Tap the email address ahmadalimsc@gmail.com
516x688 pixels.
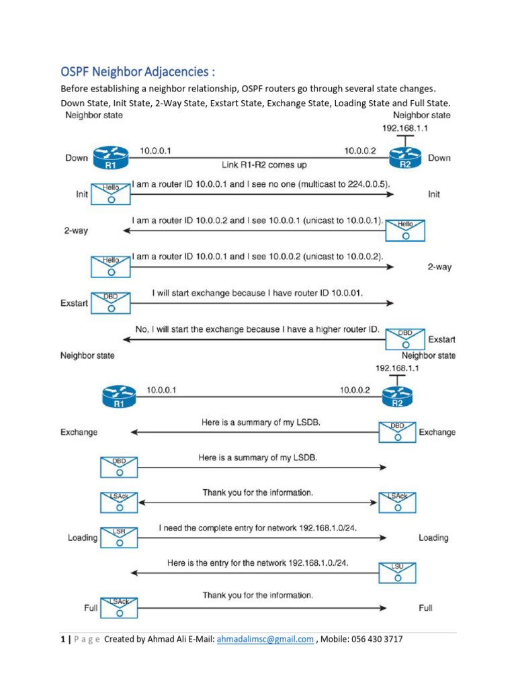point(265,639)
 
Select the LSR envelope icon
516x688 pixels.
point(119,537)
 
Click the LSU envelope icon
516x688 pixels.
point(398,572)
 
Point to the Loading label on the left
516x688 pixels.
point(83,537)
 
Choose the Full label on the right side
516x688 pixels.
point(425,608)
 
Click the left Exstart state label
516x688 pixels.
point(74,303)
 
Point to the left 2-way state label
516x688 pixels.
point(76,230)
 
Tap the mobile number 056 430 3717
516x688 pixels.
point(374,639)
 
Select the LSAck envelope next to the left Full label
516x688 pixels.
point(119,608)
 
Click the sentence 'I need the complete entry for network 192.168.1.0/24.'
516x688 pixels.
point(258,529)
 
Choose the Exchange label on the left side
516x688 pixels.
point(79,432)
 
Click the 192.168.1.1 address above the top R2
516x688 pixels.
point(405,128)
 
